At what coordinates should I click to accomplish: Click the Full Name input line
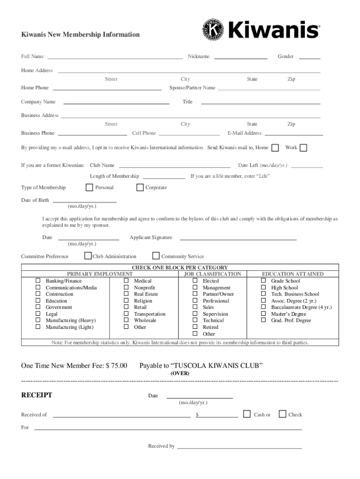pyautogui.click(x=115, y=57)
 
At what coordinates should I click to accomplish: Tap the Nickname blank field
pyautogui.click(x=240, y=57)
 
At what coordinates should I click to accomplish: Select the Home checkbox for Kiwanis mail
pyautogui.click(x=275, y=148)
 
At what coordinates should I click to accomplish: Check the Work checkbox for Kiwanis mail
pyautogui.click(x=303, y=148)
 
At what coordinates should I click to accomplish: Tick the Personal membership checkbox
pyautogui.click(x=89, y=188)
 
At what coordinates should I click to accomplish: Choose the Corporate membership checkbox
pyautogui.click(x=140, y=188)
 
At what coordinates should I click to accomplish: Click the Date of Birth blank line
pyautogui.click(x=85, y=201)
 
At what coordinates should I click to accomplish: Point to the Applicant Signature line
pyautogui.click(x=238, y=238)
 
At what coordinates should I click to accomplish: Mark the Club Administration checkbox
pyautogui.click(x=88, y=256)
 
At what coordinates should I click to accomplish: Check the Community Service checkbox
pyautogui.click(x=156, y=256)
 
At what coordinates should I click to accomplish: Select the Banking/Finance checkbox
pyautogui.click(x=38, y=281)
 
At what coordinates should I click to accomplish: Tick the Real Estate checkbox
pyautogui.click(x=126, y=294)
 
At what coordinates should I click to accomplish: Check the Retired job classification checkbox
pyautogui.click(x=195, y=327)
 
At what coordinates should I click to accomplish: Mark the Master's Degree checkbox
pyautogui.click(x=263, y=314)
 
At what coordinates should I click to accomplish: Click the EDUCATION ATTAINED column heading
pyautogui.click(x=292, y=274)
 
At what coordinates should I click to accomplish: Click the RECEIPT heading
pyautogui.click(x=37, y=395)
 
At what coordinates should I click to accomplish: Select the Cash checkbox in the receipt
pyautogui.click(x=247, y=414)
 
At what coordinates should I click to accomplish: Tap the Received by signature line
pyautogui.click(x=239, y=447)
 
